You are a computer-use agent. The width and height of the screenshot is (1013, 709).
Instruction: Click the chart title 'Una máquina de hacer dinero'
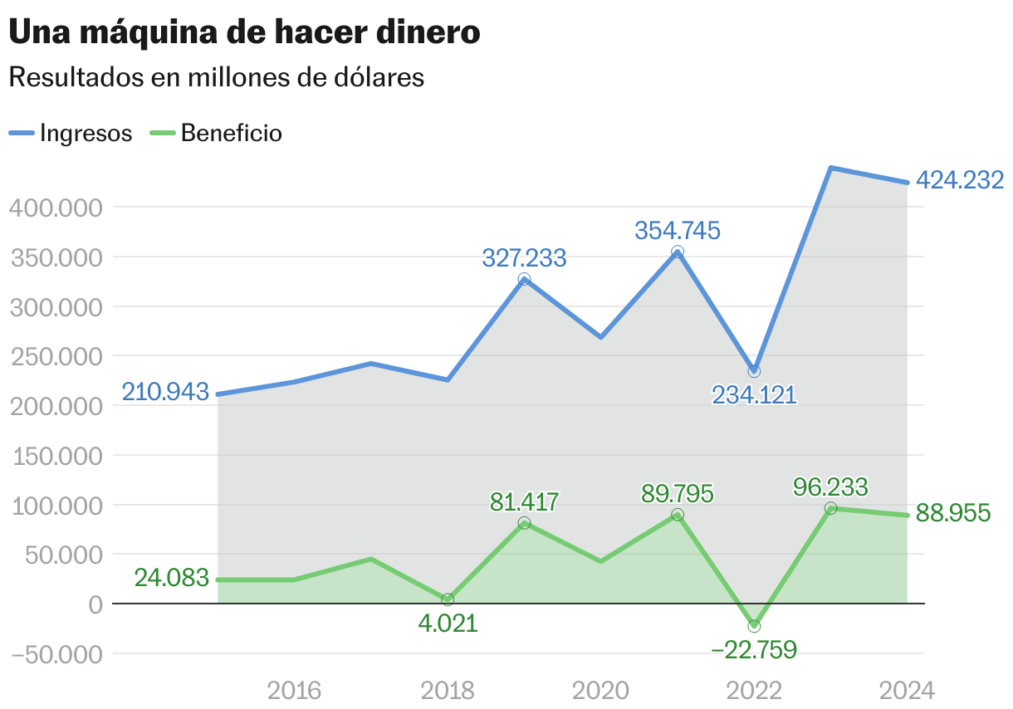tap(244, 32)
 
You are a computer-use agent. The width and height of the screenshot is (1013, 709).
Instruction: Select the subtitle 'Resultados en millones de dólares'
tap(216, 77)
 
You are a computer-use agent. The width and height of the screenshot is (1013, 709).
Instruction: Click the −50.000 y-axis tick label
tap(56, 654)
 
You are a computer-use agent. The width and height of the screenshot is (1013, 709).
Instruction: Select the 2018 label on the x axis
tap(448, 690)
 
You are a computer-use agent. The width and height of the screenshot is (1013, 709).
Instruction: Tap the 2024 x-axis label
tap(907, 690)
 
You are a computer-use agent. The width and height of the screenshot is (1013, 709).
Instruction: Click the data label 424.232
tap(960, 180)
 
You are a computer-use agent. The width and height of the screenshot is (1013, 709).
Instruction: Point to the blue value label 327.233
tap(524, 258)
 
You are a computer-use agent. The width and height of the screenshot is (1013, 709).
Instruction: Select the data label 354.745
tap(678, 230)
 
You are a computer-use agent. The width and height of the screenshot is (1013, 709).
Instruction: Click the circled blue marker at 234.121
tap(754, 371)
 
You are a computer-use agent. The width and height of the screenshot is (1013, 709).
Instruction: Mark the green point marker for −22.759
tap(754, 626)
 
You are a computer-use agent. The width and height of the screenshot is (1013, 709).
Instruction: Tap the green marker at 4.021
tap(448, 599)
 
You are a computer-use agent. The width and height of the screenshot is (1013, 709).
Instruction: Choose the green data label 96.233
tap(830, 487)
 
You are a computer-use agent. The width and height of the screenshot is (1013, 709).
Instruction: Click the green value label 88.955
tap(953, 513)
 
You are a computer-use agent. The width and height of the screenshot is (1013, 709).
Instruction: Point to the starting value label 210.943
tap(165, 392)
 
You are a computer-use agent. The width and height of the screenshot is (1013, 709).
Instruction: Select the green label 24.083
tap(171, 578)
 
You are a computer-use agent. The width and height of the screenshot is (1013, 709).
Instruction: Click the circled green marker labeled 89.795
tap(678, 515)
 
